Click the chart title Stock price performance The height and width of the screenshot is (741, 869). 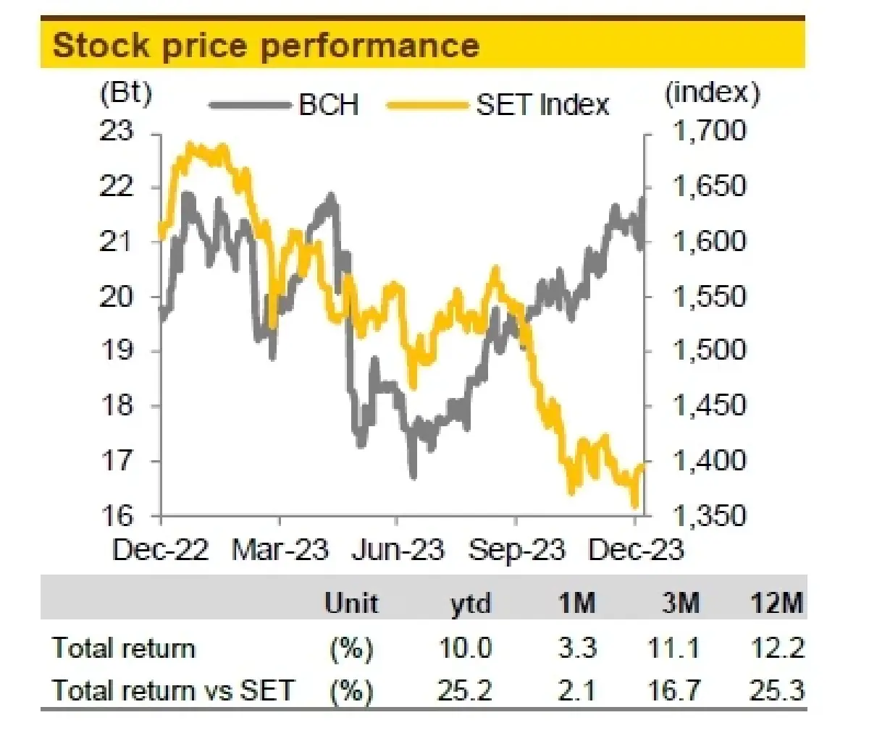click(x=266, y=45)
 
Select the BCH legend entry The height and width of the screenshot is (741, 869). click(x=284, y=104)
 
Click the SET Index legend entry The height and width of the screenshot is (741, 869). click(x=498, y=104)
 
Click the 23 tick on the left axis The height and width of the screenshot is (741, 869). click(x=116, y=131)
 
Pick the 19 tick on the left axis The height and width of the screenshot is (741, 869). click(x=116, y=350)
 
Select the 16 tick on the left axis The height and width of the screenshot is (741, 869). click(x=116, y=515)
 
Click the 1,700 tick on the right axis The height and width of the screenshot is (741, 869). click(x=710, y=131)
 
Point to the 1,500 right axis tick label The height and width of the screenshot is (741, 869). click(x=710, y=350)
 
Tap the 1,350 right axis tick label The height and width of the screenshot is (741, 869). click(x=710, y=515)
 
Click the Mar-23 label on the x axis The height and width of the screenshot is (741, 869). click(x=280, y=549)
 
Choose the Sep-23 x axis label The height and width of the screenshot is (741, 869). click(x=516, y=549)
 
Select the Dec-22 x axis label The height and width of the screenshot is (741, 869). click(x=160, y=549)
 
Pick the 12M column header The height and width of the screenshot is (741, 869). click(x=776, y=604)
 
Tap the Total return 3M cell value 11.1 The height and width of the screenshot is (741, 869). click(x=674, y=648)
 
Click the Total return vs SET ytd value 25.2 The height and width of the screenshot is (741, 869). click(x=465, y=690)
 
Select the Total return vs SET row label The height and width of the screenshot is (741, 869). click(x=173, y=690)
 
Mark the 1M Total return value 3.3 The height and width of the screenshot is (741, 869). click(x=577, y=648)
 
